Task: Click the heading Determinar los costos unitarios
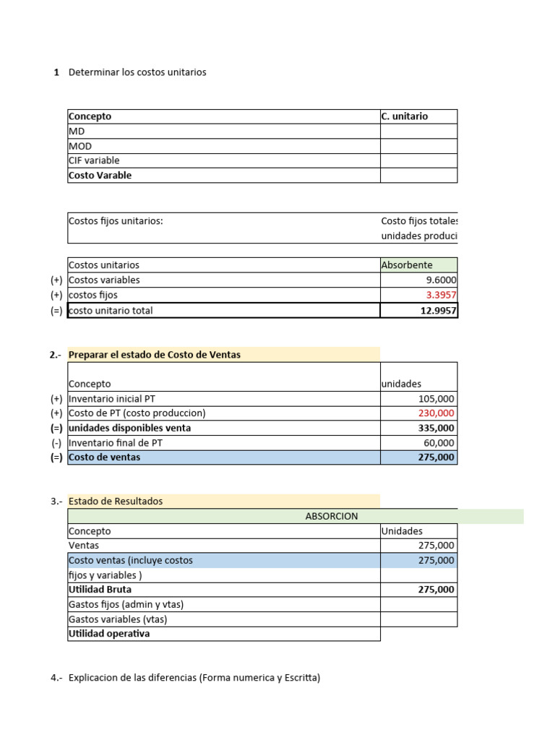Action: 137,72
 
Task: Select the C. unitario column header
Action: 404,116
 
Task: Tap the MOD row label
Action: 80,146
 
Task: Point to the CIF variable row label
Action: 94,160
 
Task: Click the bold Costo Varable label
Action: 100,176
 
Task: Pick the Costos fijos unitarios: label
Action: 116,221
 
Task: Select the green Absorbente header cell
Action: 407,265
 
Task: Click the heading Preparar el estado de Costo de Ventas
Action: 155,355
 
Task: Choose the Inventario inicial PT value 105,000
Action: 436,399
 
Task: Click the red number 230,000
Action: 436,413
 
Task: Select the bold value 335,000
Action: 436,428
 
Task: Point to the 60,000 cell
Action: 439,443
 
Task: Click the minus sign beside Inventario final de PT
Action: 56,443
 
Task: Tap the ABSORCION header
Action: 332,516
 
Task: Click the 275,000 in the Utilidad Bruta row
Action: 436,590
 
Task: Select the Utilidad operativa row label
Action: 109,634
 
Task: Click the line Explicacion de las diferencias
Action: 194,678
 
